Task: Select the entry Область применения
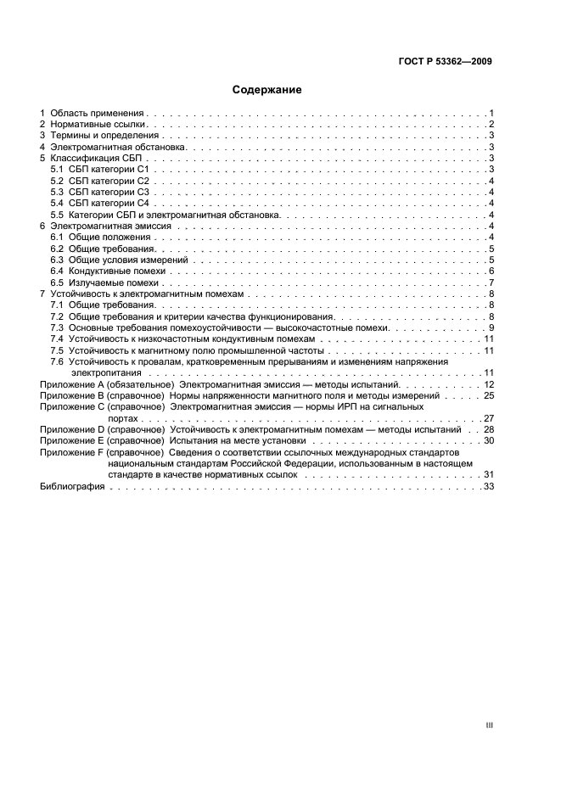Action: tap(98, 113)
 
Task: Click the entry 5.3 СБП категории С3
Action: tap(99, 193)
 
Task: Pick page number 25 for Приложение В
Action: tap(489, 396)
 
